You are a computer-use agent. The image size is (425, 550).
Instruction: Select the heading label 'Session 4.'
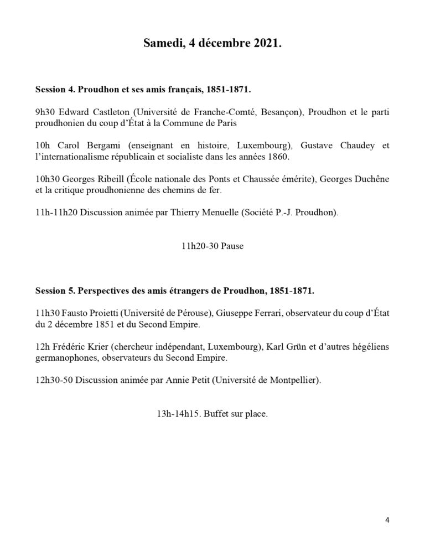point(54,89)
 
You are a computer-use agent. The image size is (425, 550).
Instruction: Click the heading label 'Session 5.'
point(54,290)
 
